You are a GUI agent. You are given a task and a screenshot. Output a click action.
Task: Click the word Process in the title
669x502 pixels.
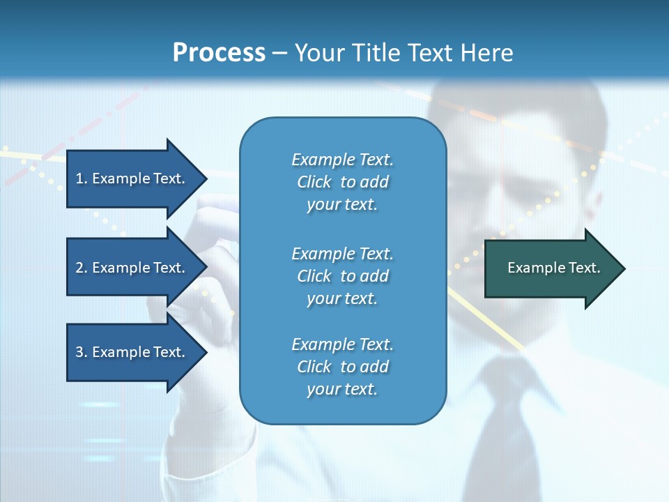point(219,53)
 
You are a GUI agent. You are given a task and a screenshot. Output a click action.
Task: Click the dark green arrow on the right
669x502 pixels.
point(551,268)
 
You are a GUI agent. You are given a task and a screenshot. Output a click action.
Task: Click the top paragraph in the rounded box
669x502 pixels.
point(342,182)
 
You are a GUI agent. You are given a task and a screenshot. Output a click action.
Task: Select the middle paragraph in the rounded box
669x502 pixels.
point(342,276)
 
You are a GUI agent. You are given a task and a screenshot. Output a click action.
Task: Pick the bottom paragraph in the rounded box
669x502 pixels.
point(342,367)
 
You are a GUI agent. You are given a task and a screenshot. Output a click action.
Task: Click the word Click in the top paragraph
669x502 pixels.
point(314,182)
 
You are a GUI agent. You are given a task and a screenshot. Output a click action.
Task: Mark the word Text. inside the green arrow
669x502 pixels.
point(583,268)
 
